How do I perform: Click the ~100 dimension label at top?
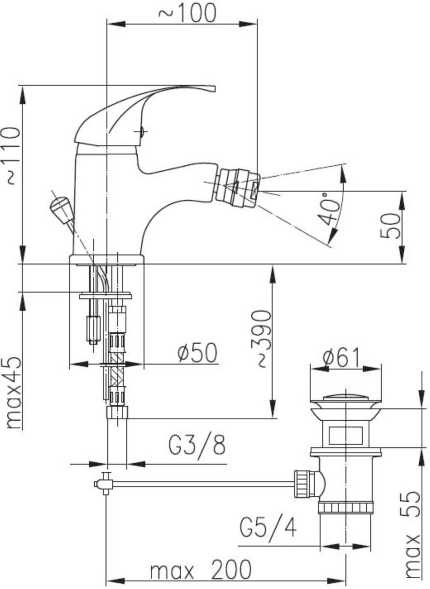[187, 13]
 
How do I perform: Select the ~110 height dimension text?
[13, 156]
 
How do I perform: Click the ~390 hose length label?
[260, 339]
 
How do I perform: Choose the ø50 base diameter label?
[197, 353]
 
